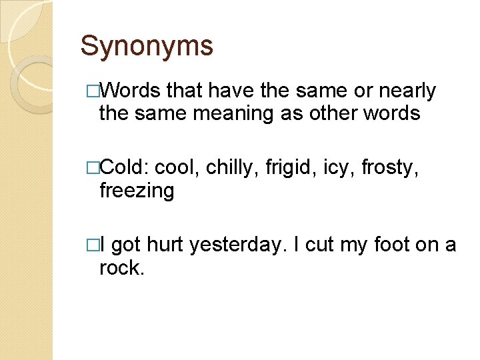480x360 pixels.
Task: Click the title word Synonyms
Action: coord(147,46)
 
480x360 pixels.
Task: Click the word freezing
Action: coord(136,192)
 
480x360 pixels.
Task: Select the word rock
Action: coord(121,268)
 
